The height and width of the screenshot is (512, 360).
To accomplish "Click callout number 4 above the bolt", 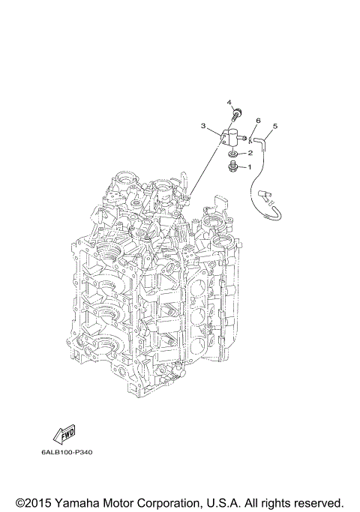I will coord(229,102).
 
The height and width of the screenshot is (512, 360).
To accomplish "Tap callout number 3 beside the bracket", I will coord(202,127).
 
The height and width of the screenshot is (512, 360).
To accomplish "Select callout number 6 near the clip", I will coord(258,120).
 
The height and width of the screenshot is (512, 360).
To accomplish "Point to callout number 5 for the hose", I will coord(274,126).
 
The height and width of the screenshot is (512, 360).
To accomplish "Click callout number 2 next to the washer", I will coord(250,153).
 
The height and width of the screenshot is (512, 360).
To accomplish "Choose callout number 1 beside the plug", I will coord(250,166).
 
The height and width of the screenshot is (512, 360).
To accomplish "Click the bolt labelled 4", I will coord(236,115).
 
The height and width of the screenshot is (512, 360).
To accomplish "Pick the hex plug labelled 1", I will coord(232,166).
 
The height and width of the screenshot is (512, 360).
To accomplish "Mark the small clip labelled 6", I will coord(252,136).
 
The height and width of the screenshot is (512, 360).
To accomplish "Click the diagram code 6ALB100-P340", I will coord(67,452).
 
